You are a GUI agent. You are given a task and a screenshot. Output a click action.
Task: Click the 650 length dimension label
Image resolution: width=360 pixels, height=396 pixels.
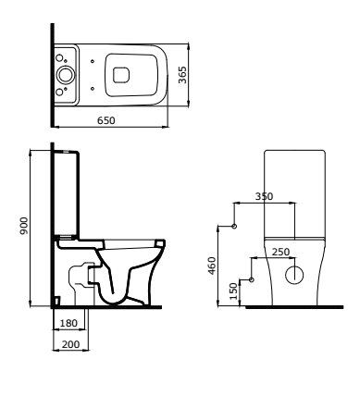(x=106, y=120)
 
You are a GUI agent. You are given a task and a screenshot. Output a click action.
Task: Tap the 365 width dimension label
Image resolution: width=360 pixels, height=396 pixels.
(x=182, y=75)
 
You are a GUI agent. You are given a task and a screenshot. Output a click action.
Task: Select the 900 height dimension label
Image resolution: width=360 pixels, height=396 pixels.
(x=24, y=226)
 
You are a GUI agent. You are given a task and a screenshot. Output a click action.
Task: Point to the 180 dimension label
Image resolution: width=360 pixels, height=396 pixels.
(x=68, y=323)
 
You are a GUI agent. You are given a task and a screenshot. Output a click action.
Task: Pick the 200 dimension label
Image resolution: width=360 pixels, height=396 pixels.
(x=70, y=344)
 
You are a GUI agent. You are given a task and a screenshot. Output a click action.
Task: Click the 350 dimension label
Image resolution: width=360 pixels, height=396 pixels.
(x=264, y=196)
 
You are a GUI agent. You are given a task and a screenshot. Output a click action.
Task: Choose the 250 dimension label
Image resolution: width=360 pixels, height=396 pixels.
(x=280, y=252)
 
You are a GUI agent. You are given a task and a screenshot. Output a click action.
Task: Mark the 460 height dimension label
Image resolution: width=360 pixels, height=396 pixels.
(x=212, y=266)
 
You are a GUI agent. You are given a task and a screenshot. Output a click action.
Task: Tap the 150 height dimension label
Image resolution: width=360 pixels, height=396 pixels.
(x=234, y=291)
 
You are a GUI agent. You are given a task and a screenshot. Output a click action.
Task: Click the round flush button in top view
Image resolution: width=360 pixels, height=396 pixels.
(x=66, y=75)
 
